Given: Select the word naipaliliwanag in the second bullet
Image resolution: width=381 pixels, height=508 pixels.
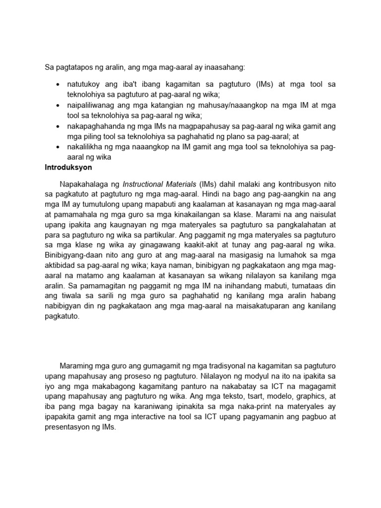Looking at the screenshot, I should (93, 106).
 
